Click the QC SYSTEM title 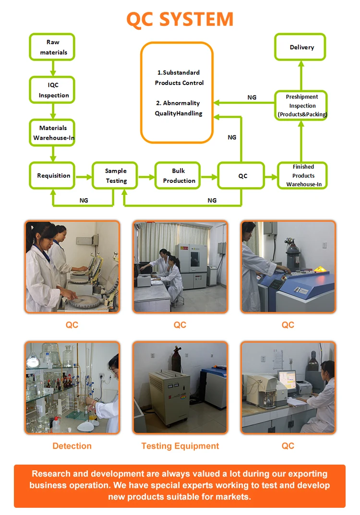tap(180, 19)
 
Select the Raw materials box tap(53, 47)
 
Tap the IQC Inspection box tap(53, 90)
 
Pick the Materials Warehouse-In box tap(53, 132)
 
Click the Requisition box tap(53, 176)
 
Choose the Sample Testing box tap(116, 176)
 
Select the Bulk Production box tap(179, 176)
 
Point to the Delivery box tap(301, 47)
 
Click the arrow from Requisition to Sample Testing tap(84, 177)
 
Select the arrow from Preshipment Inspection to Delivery tap(301, 75)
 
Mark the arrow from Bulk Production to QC tap(209, 177)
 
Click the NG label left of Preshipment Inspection tap(252, 97)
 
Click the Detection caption tap(72, 446)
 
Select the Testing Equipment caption tap(180, 446)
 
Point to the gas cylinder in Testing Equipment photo tap(176, 363)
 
